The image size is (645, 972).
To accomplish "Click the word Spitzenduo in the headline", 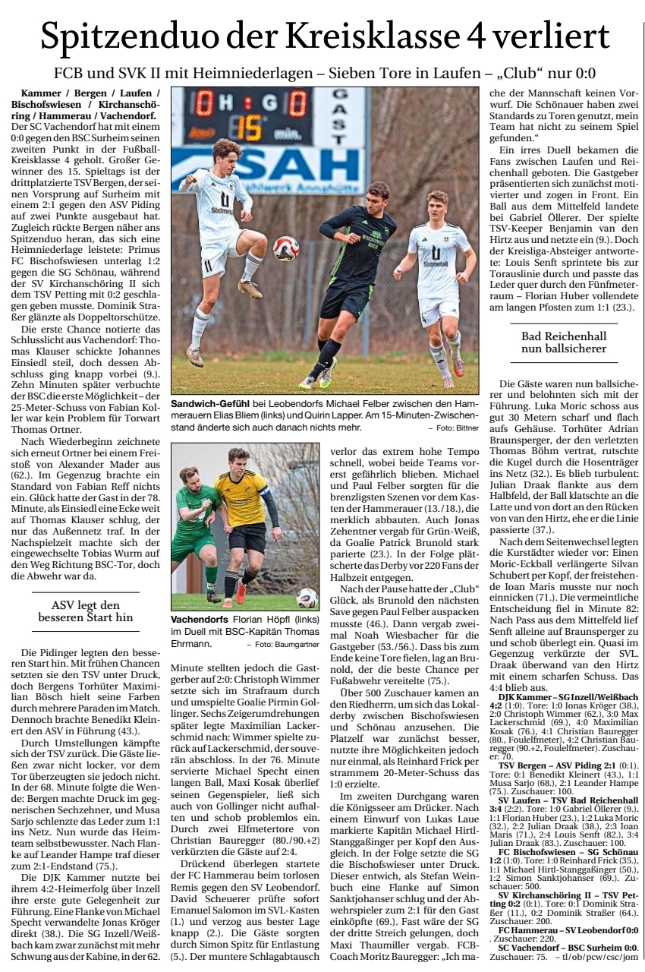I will tap(121, 36).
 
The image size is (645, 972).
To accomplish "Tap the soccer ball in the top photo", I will tap(285, 248).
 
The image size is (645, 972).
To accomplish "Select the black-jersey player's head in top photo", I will tap(376, 194).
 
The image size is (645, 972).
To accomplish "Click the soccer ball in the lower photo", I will tap(307, 598).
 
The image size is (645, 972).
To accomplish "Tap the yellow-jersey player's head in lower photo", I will tap(239, 460).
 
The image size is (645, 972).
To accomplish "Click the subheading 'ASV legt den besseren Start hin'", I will tap(85, 611).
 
